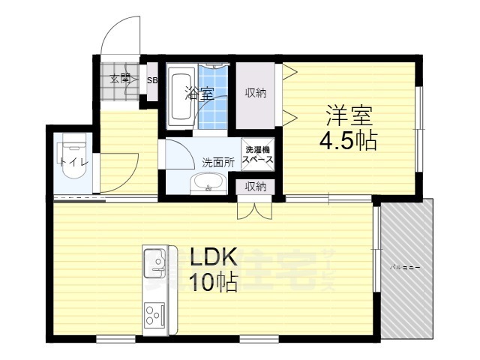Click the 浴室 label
[199, 94]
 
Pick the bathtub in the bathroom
[181, 96]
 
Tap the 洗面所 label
[217, 162]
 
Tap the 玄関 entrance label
[120, 78]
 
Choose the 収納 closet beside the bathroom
[255, 94]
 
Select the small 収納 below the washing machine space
[256, 186]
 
